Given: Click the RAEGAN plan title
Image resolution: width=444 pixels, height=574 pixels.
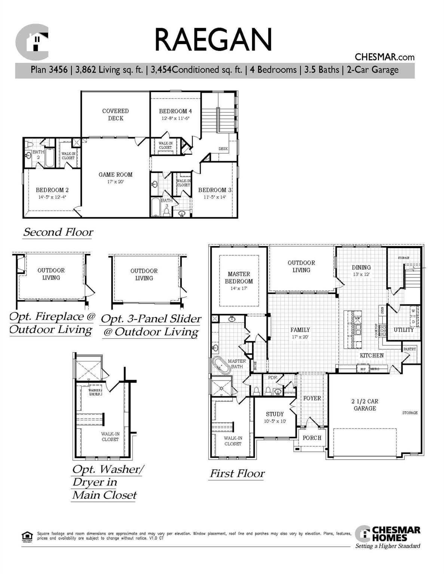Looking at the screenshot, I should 213,40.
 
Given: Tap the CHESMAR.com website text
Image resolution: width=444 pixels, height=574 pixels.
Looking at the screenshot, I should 384,57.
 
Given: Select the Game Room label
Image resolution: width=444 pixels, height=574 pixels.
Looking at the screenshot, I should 115,175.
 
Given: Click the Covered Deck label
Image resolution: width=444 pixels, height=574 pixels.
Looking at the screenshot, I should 116,114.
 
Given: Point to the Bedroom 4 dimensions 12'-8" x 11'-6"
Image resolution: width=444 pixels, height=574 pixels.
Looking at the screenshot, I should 175,118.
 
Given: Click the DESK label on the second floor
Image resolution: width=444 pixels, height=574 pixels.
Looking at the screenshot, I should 223,149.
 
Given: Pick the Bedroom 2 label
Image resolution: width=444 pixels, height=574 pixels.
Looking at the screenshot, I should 52,190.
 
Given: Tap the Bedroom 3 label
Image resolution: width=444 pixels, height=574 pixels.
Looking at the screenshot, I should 214,190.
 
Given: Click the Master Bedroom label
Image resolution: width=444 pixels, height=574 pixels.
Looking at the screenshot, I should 239,278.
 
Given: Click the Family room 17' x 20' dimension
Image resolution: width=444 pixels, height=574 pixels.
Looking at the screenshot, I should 300,337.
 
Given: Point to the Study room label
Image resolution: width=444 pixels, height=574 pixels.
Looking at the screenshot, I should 275,414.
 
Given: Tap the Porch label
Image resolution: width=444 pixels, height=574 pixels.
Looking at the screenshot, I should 312,438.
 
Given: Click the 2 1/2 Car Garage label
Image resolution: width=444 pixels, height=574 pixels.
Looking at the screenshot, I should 365,405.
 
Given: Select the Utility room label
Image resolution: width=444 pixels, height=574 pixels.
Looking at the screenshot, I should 404,330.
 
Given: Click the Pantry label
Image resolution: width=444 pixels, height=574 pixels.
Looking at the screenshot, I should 410,349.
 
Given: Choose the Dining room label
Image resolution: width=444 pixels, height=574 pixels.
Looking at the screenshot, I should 361,268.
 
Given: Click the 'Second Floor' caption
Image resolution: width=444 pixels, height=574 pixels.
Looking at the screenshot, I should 58,232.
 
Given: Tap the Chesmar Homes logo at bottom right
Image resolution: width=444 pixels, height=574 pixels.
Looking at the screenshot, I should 388,535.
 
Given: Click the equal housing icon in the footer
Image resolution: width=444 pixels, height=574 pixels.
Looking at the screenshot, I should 27,536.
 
